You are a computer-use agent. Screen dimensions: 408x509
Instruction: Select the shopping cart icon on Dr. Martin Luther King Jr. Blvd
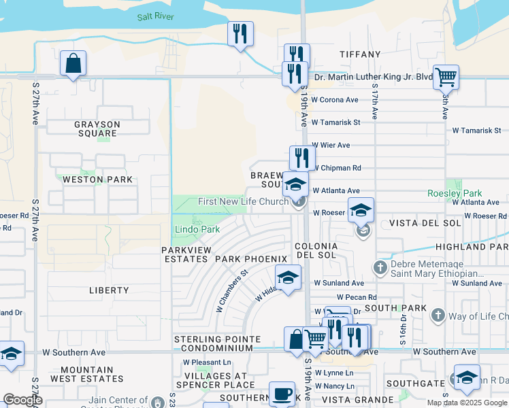click(446, 78)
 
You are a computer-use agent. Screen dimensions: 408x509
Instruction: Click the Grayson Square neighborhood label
click(97, 129)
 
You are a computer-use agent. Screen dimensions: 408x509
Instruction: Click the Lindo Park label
click(197, 229)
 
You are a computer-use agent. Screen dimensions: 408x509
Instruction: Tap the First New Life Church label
click(243, 201)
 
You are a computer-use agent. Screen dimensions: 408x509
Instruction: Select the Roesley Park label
click(455, 193)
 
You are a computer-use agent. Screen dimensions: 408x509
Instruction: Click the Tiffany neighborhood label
click(360, 54)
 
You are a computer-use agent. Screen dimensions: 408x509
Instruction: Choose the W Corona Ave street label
click(335, 100)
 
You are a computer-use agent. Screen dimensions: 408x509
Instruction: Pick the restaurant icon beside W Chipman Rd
click(301, 158)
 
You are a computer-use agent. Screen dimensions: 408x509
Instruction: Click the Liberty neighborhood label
click(109, 290)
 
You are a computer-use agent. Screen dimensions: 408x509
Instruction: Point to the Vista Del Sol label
click(415, 223)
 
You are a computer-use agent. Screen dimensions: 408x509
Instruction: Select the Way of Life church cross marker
click(438, 316)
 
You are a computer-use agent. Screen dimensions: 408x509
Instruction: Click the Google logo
click(22, 401)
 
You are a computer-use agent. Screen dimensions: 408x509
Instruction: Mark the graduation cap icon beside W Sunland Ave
click(288, 277)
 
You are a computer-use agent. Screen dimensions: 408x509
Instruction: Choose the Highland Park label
click(475, 247)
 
